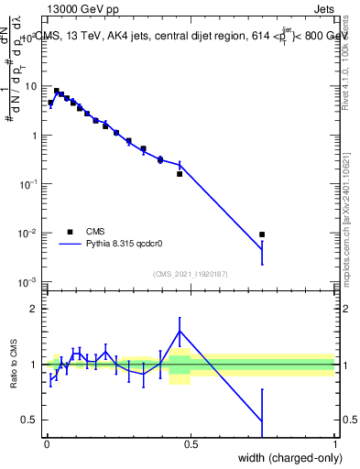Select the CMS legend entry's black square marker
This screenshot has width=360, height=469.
coord(70,232)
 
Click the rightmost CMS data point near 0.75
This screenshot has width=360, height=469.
coord(263,234)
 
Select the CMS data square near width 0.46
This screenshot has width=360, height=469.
coord(180,173)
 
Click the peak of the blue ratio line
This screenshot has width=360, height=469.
coord(180,331)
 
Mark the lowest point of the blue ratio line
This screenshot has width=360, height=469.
coord(263,421)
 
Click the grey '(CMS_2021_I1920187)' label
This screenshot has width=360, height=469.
coord(191,272)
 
